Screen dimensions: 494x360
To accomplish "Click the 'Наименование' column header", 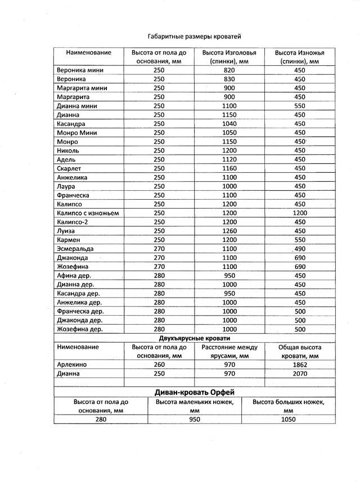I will [x=89, y=52].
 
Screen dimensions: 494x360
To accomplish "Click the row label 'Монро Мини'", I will [x=77, y=133].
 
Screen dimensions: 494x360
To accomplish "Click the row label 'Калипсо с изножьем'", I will [x=88, y=213].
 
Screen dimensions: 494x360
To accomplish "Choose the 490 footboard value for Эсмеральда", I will [x=300, y=249].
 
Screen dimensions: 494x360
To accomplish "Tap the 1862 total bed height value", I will [x=300, y=365].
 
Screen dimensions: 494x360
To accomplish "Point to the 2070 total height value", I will [x=300, y=373].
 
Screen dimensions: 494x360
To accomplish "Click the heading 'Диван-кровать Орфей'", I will [x=194, y=392].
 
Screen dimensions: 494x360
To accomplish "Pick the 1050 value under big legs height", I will [x=289, y=419].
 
